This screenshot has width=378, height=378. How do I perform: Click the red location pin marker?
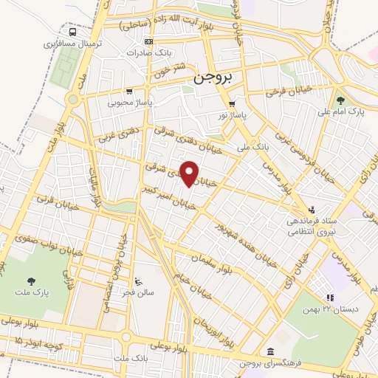190,173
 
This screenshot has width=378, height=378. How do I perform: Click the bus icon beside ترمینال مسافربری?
72,32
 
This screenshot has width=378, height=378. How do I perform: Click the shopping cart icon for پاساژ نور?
232,103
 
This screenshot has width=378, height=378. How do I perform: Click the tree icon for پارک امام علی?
340,100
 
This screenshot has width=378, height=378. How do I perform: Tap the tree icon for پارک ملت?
31,281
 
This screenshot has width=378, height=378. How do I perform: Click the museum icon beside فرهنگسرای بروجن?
271,351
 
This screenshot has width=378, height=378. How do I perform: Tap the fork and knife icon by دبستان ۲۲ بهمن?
330,298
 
